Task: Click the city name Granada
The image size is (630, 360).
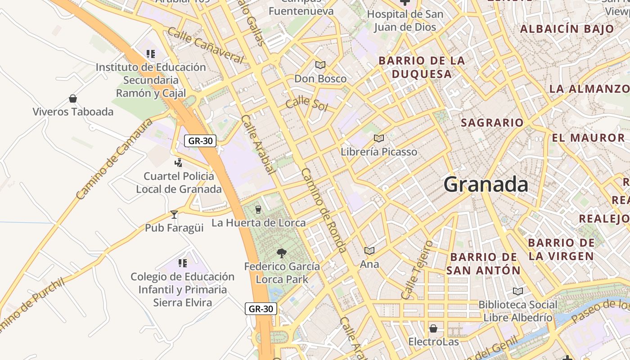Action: click(486, 184)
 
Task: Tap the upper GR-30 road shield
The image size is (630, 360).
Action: click(200, 141)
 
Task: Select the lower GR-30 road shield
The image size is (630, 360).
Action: click(261, 309)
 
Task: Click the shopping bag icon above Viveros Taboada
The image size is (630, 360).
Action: click(73, 99)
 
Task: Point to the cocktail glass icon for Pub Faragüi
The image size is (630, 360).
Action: click(174, 215)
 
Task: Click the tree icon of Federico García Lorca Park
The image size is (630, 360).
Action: click(282, 253)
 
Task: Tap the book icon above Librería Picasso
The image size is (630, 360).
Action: click(379, 138)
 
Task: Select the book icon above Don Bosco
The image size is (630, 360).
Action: click(320, 65)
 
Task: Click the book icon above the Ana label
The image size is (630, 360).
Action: click(369, 251)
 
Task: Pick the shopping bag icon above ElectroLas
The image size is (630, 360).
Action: click(433, 328)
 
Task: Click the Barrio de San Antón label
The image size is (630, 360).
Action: click(484, 264)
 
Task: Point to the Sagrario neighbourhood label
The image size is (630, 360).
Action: click(492, 122)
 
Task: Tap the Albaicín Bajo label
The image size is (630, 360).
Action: click(567, 29)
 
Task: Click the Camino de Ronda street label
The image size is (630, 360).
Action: click(324, 211)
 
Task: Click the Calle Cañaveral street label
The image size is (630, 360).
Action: click(205, 45)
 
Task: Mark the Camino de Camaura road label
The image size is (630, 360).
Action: click(114, 159)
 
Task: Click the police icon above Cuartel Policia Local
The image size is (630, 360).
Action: click(179, 162)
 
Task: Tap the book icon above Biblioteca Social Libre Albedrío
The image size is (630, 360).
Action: click(518, 291)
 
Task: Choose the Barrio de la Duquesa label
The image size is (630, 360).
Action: click(421, 67)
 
